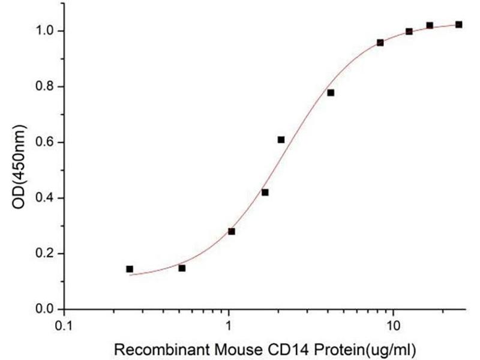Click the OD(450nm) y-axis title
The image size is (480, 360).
20,170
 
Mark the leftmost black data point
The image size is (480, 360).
130,269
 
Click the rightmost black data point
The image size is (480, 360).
459,25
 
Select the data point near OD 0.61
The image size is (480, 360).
281,140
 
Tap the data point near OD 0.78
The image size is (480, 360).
331,92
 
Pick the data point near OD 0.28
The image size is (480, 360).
232,231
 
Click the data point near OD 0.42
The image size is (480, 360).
265,193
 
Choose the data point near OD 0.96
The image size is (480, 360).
380,43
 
